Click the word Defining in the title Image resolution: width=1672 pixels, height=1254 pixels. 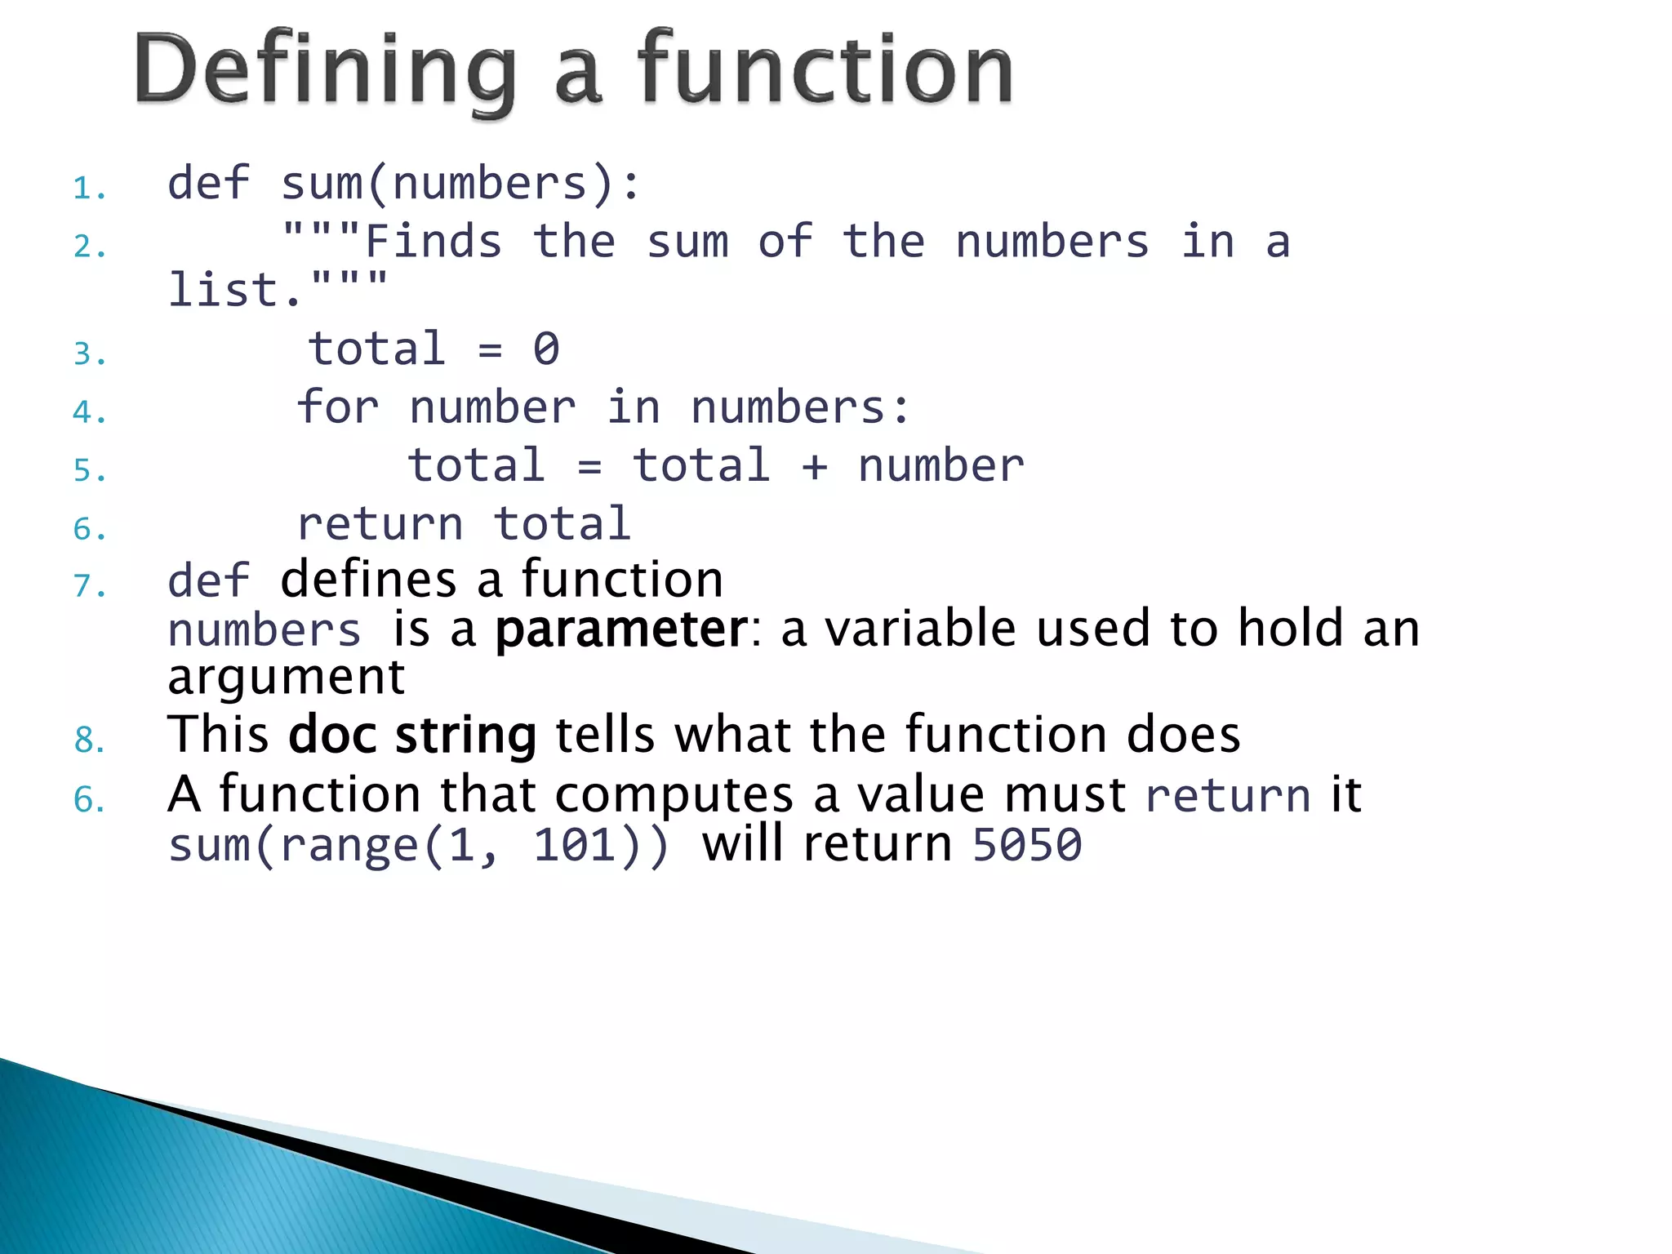325,72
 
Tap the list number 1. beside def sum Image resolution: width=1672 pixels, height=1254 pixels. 89,189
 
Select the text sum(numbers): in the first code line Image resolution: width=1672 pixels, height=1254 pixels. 461,183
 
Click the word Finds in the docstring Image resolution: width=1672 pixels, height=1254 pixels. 434,242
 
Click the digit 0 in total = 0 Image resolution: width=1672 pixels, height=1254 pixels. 546,349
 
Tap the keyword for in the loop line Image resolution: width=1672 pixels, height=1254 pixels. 338,407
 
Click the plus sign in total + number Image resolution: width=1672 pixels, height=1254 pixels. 814,467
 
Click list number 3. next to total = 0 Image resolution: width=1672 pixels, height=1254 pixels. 89,354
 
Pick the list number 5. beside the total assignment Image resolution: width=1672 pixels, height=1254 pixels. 89,471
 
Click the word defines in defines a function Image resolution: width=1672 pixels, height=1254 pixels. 368,580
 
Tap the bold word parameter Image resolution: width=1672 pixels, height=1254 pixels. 621,630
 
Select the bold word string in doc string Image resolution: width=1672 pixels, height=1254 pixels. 465,736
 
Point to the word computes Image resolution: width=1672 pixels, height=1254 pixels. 674,795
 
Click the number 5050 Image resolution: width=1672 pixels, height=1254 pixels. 1027,845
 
